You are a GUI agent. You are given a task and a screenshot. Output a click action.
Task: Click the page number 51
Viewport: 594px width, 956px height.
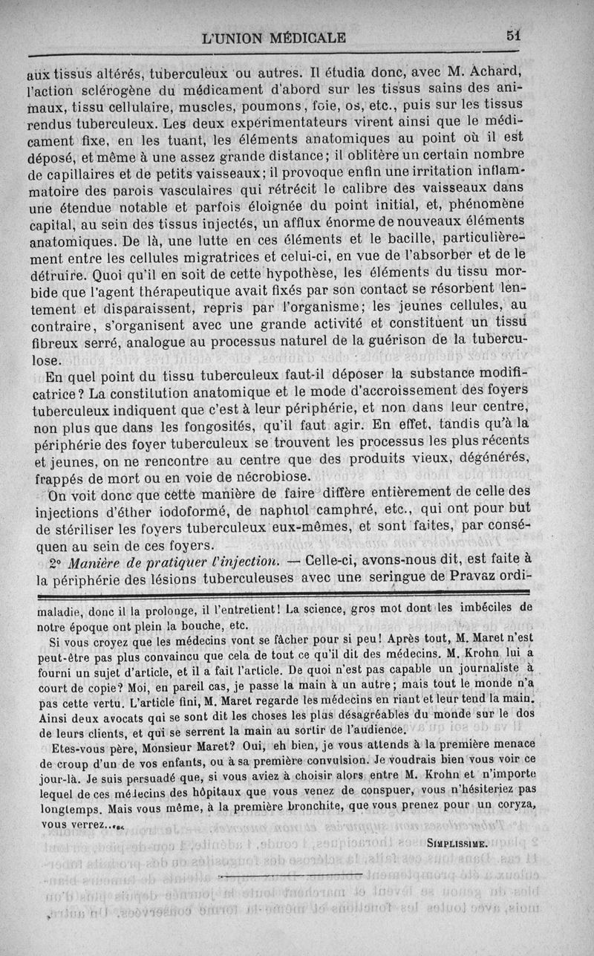pyautogui.click(x=512, y=35)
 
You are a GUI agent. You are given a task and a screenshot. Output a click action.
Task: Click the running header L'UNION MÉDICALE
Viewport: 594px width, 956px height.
pyautogui.click(x=273, y=36)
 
